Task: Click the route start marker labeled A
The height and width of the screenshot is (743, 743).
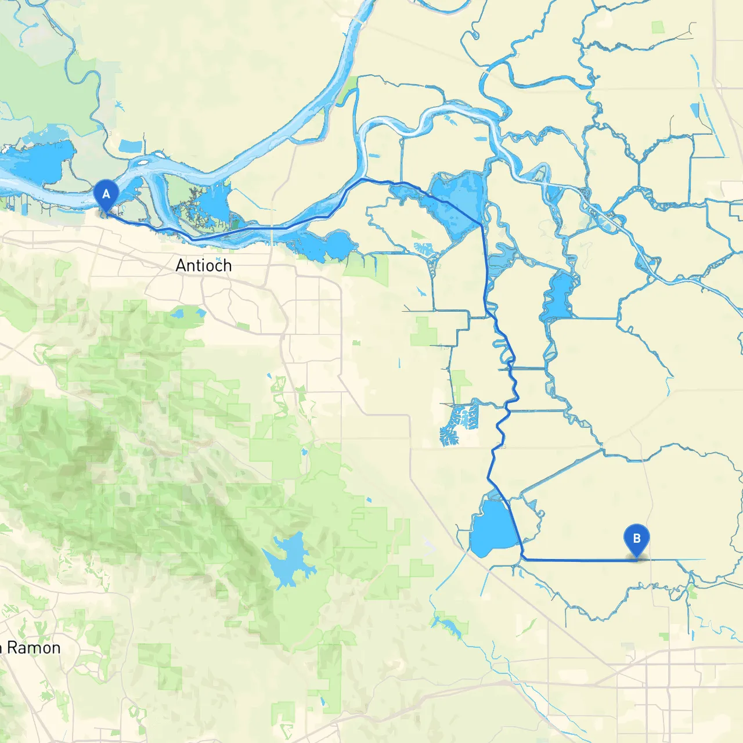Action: pos(106,195)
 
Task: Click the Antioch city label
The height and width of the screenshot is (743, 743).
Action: pos(204,265)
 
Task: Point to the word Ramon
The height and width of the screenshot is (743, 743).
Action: pos(34,648)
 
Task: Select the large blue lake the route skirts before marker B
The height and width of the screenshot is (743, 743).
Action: pos(492,528)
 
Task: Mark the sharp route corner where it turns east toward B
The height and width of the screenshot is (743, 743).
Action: pos(524,559)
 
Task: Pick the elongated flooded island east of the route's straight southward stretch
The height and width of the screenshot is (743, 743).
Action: pos(559,296)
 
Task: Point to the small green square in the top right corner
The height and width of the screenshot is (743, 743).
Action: pos(658,27)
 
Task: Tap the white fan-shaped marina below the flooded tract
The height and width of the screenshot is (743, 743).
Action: pos(425,250)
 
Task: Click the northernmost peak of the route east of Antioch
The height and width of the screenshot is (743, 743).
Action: pos(364,179)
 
